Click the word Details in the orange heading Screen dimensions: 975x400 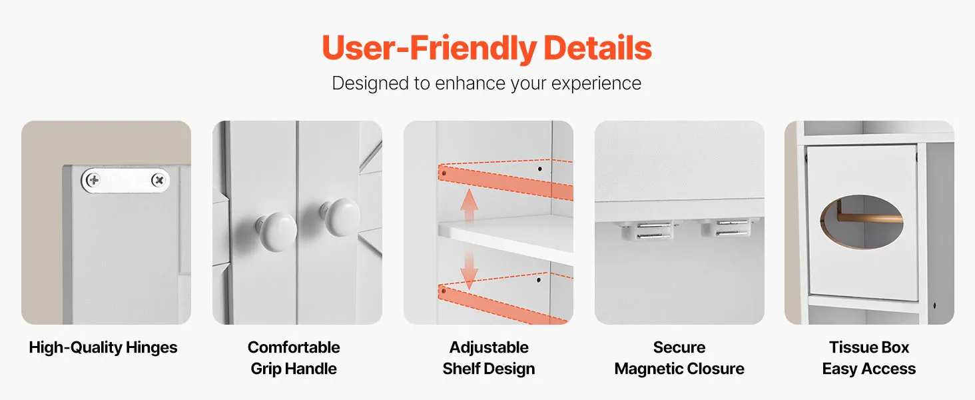pyautogui.click(x=597, y=47)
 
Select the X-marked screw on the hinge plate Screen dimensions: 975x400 pyautogui.click(x=159, y=179)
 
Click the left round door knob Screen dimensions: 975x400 pyautogui.click(x=277, y=231)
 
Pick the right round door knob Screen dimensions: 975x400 pyautogui.click(x=341, y=217)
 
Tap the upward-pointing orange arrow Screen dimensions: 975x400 pyautogui.click(x=469, y=206)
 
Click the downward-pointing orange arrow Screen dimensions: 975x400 pyautogui.click(x=469, y=270)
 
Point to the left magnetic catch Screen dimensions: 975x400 pyautogui.click(x=647, y=230)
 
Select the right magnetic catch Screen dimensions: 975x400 pyautogui.click(x=729, y=228)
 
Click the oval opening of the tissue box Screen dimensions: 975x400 pyautogui.click(x=861, y=222)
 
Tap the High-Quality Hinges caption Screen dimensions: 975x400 pyautogui.click(x=103, y=347)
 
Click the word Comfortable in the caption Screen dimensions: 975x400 pyautogui.click(x=294, y=347)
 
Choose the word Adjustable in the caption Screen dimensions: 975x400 pyautogui.click(x=489, y=347)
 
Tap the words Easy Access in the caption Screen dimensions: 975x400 pyautogui.click(x=869, y=369)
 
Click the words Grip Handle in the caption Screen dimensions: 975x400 pyautogui.click(x=294, y=369)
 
